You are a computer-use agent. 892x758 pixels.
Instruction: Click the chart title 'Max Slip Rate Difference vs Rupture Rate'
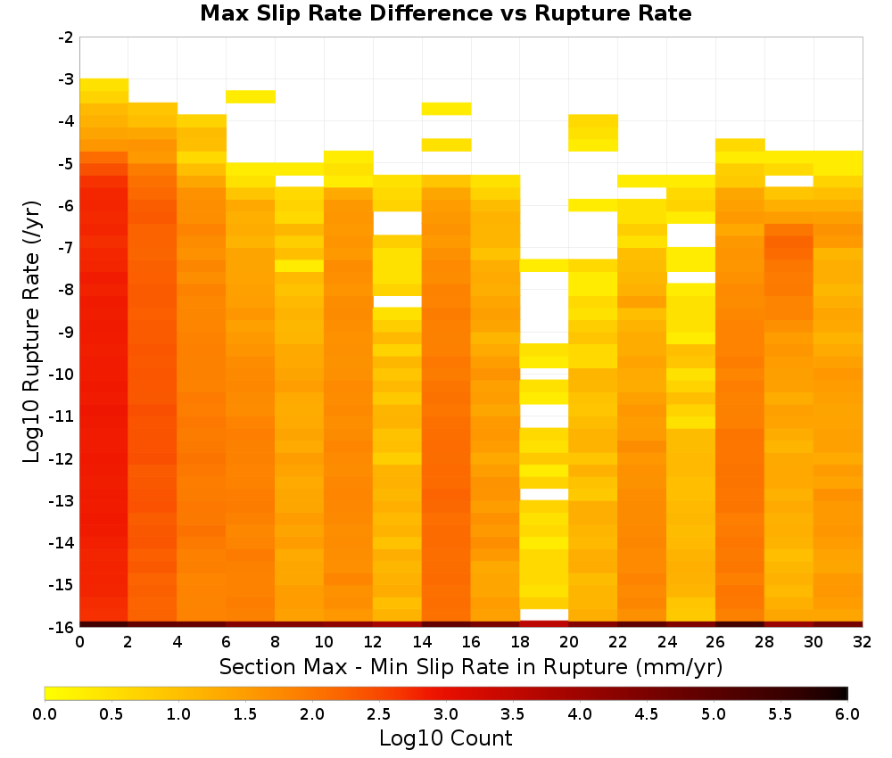coord(445,13)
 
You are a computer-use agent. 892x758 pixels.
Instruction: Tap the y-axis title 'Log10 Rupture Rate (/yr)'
coord(32,332)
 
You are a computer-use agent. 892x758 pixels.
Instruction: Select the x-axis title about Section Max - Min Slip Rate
coord(470,666)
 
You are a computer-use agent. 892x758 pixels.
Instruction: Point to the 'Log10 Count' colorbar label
coord(445,738)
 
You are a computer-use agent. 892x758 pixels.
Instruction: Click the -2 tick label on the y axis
coord(66,37)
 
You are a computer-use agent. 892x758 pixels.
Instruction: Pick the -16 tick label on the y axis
coord(62,627)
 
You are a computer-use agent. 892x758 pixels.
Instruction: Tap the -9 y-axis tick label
coord(66,332)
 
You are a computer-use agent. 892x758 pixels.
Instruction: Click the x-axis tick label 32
coord(862,642)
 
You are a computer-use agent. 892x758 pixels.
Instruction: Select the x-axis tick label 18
coord(520,642)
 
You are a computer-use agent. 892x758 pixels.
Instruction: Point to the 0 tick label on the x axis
coord(79,642)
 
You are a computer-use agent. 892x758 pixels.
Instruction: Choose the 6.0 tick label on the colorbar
coord(847,714)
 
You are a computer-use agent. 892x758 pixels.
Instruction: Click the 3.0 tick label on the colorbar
coord(446,714)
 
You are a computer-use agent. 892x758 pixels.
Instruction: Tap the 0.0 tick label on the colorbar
coord(45,714)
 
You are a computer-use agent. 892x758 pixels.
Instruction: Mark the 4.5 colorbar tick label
coord(646,714)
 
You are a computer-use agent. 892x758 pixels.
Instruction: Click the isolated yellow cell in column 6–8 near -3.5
coord(251,96)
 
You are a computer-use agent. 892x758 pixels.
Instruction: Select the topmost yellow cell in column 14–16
coord(446,109)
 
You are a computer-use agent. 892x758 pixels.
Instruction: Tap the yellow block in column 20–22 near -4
coord(593,133)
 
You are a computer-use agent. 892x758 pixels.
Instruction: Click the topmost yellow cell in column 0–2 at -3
coord(103,85)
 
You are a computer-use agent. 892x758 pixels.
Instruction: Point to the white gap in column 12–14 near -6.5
coord(397,223)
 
